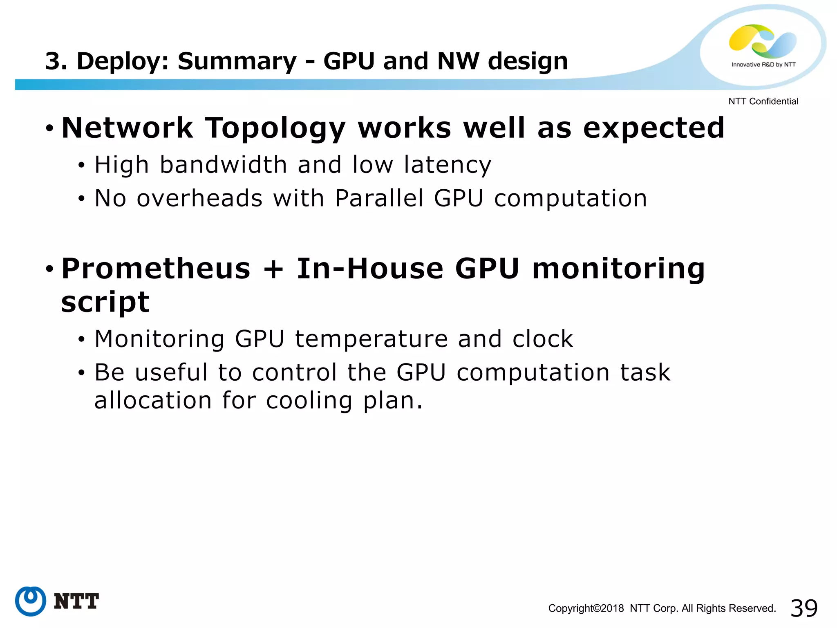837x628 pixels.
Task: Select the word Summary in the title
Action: tap(237, 61)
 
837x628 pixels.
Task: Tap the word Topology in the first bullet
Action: tap(275, 128)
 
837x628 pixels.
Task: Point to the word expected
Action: tap(653, 128)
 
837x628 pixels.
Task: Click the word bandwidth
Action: tap(224, 165)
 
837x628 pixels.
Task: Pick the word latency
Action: tap(448, 165)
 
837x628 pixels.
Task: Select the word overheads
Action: tap(199, 198)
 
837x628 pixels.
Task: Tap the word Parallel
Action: tap(379, 198)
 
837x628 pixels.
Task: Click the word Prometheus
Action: tap(156, 269)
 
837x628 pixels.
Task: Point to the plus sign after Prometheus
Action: tap(273, 269)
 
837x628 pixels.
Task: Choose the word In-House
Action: tap(370, 269)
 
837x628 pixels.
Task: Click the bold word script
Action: tap(105, 303)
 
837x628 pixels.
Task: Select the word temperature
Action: tap(372, 339)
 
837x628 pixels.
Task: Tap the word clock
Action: tap(543, 339)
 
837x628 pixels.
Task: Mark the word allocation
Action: tap(153, 400)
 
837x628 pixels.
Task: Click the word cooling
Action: tap(309, 400)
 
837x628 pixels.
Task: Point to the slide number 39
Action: tap(804, 608)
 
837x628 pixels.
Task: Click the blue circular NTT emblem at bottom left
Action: tap(31, 601)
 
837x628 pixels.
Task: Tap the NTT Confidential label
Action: tap(763, 101)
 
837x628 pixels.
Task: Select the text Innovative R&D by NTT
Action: tap(763, 65)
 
